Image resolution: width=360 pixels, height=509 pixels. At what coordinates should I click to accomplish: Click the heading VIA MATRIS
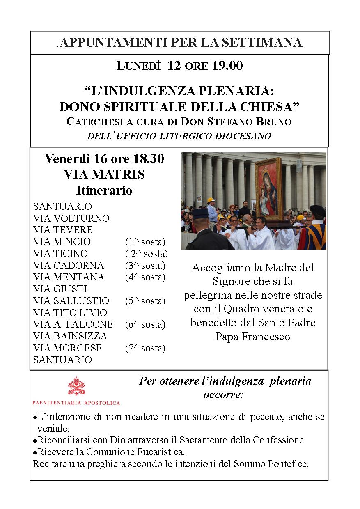pyautogui.click(x=104, y=174)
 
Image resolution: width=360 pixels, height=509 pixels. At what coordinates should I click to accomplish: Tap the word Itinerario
pyautogui.click(x=104, y=190)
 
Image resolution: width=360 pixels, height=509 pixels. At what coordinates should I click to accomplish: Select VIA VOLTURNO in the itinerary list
pyautogui.click(x=71, y=218)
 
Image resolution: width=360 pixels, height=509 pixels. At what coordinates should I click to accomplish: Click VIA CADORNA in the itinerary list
pyautogui.click(x=69, y=265)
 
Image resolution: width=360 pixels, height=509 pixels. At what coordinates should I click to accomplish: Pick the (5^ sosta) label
pyautogui.click(x=145, y=301)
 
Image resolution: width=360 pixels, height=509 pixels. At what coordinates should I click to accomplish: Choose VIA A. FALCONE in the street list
pyautogui.click(x=73, y=324)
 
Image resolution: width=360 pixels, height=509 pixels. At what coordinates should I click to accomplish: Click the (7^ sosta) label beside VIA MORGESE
pyautogui.click(x=145, y=348)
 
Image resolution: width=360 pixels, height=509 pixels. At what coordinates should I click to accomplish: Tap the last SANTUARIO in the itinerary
pyautogui.click(x=62, y=360)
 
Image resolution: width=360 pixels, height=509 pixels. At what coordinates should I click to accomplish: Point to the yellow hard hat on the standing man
pyautogui.click(x=211, y=200)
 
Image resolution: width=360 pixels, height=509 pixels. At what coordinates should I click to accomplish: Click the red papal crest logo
pyautogui.click(x=76, y=386)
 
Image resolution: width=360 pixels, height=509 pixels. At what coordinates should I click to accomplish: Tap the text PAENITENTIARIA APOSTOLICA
pyautogui.click(x=76, y=403)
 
